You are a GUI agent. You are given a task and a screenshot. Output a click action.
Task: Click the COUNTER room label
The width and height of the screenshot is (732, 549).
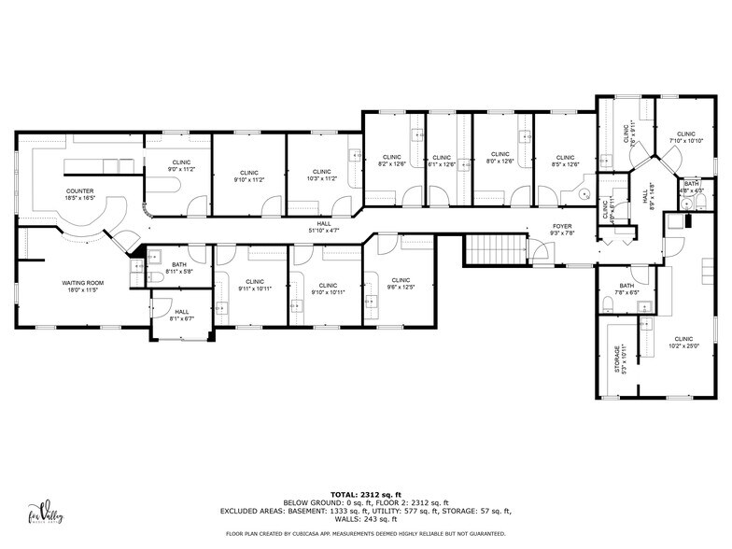click(78, 193)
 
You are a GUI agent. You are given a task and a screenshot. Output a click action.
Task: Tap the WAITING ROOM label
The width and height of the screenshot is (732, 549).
click(82, 287)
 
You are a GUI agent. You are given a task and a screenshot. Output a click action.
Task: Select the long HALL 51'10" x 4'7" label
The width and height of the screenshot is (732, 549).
click(323, 227)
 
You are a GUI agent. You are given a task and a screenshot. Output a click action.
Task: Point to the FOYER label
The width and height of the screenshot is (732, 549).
click(561, 230)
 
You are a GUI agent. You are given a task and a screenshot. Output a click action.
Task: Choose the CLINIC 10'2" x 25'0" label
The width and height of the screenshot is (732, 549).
click(683, 343)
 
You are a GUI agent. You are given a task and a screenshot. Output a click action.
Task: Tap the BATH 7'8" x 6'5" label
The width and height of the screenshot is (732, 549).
click(626, 289)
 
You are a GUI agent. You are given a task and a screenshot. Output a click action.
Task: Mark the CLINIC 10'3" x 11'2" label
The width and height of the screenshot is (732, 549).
click(321, 176)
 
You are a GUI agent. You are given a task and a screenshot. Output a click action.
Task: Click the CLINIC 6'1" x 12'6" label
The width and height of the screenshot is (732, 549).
click(442, 161)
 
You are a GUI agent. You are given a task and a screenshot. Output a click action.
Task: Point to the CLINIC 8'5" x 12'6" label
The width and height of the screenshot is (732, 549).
click(565, 161)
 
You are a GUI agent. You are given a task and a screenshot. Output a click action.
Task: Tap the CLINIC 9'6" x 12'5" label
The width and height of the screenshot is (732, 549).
click(401, 283)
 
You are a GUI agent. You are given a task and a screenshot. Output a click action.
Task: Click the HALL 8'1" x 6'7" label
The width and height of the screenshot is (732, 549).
click(180, 315)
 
